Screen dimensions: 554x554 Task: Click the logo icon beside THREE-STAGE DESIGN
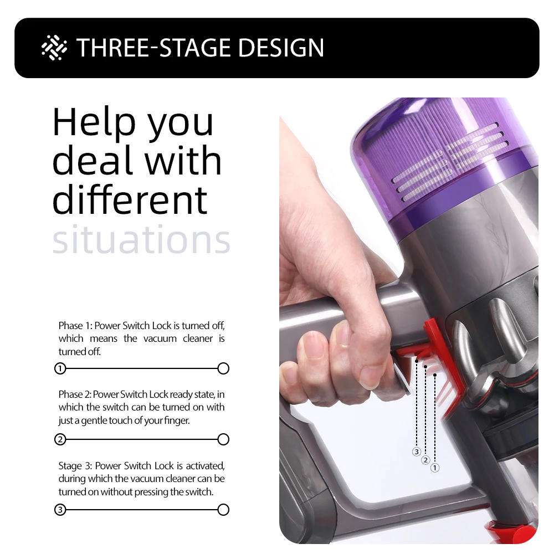54,47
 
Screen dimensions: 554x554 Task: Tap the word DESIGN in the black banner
281,48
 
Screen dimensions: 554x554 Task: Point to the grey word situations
141,239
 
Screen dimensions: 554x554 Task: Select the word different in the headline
130,199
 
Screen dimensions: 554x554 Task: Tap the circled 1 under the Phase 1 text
60,368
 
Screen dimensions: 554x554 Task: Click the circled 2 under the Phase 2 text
60,439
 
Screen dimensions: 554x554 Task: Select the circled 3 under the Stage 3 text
60,510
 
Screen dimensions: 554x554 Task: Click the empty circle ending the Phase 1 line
223,368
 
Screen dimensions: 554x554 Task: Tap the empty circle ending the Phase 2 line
223,439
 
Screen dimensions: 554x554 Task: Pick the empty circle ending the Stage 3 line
223,510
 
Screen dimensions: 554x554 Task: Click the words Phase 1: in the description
75,325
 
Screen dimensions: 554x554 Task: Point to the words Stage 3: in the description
75,466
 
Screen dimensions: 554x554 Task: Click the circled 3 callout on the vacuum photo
417,452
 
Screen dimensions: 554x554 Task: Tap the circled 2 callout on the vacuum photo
425,460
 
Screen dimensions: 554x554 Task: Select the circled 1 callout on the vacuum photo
434,468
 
